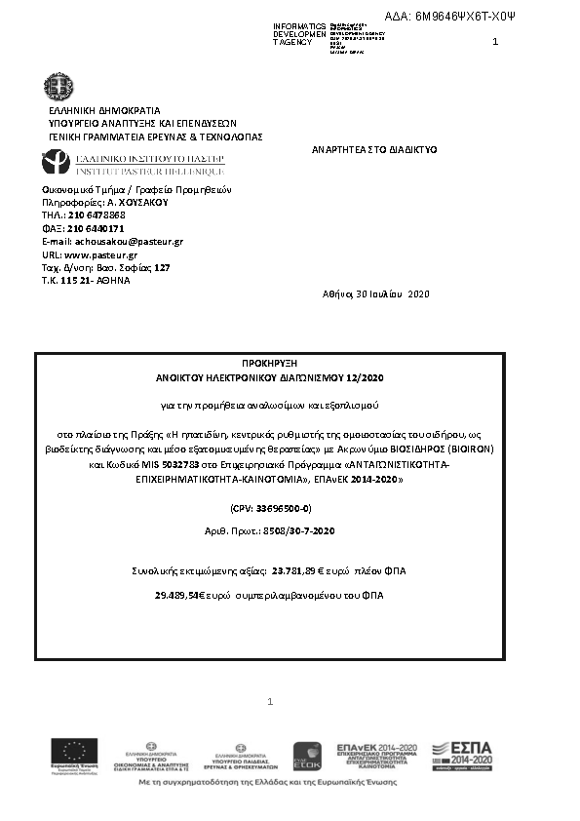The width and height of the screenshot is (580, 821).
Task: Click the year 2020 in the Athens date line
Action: pyautogui.click(x=417, y=293)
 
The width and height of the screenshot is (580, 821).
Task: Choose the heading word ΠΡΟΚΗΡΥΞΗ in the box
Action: pyautogui.click(x=270, y=361)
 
